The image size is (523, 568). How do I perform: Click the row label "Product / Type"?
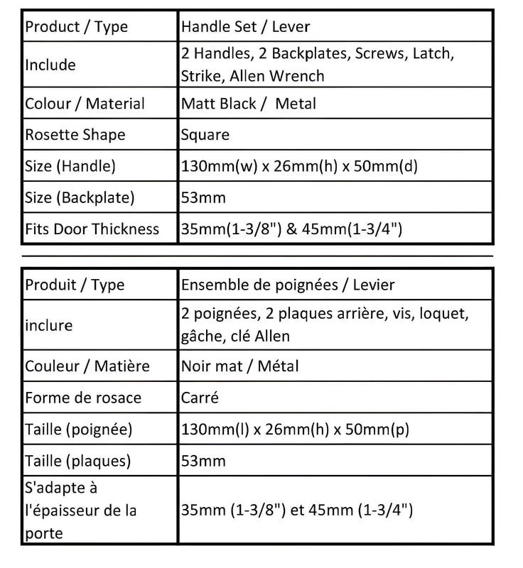pos(77,27)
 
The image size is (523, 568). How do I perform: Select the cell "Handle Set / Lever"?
pos(246,27)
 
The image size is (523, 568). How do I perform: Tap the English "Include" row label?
pos(50,65)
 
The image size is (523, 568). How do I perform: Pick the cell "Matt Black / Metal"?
pos(249,104)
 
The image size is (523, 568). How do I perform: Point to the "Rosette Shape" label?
pos(75,135)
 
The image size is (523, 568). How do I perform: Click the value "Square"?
pos(205,135)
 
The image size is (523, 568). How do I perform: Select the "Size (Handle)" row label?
pos(70,166)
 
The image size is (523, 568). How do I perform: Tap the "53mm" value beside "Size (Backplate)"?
pos(203,197)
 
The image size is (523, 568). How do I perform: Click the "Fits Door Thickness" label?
pos(92,229)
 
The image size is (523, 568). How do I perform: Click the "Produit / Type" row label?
pos(75,285)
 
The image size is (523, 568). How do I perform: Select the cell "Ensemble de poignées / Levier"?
pos(288,285)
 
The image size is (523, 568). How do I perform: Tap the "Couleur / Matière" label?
pos(87,366)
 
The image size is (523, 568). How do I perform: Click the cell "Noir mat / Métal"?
pos(240,366)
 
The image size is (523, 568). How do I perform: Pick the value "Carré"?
pos(200,398)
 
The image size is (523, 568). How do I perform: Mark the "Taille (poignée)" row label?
pos(79,430)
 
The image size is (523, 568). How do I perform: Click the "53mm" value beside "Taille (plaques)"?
pos(203,461)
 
